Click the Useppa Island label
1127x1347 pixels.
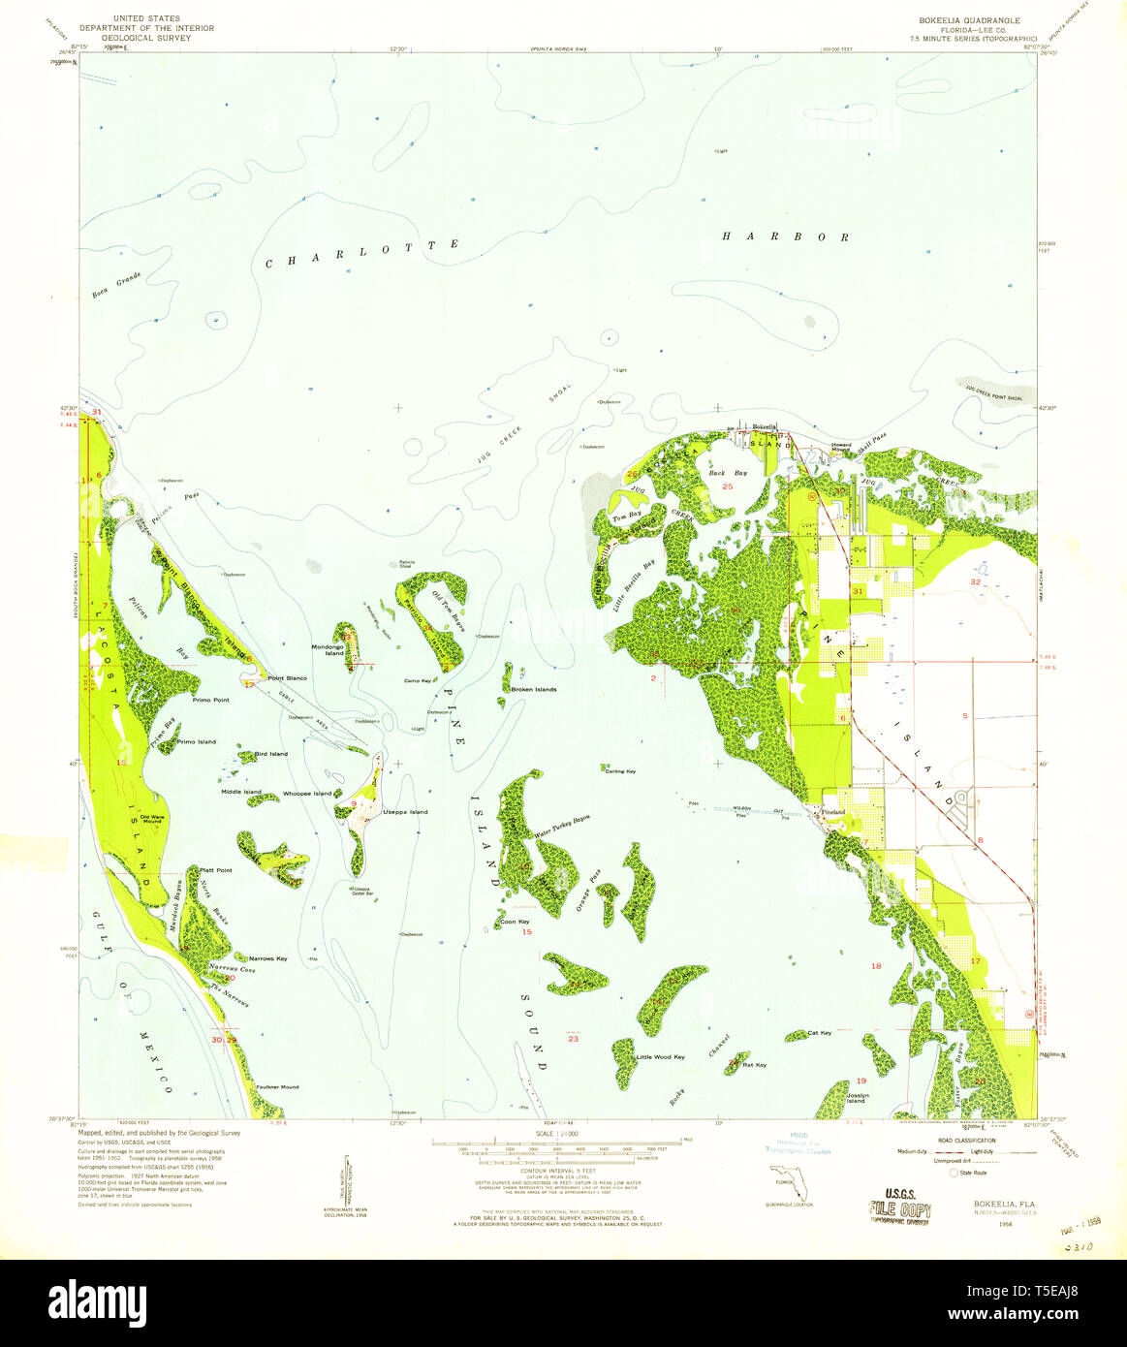click(x=405, y=812)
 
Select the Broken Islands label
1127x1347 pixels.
click(x=533, y=689)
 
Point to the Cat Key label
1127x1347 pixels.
click(x=819, y=1033)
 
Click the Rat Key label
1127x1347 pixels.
click(x=754, y=1065)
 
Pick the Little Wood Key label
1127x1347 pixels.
click(x=661, y=1056)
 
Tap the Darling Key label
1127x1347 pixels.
click(x=620, y=771)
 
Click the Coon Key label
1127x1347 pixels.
click(x=515, y=922)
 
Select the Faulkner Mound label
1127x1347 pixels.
click(x=277, y=1087)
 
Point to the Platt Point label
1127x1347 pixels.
click(x=215, y=870)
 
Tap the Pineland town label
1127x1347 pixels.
click(x=833, y=812)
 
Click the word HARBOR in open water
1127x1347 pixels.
click(x=787, y=236)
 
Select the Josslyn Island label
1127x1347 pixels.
click(x=856, y=1098)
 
